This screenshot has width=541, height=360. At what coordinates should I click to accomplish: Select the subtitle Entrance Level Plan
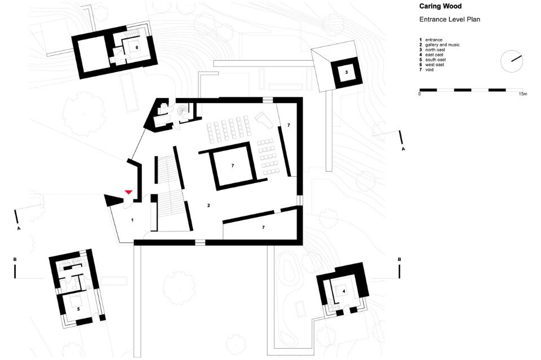point(450,19)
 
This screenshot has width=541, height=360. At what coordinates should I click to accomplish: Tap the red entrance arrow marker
point(128,192)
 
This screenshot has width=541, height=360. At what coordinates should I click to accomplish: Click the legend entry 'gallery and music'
point(442,45)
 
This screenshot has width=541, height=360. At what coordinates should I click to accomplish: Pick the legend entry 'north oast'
point(435,50)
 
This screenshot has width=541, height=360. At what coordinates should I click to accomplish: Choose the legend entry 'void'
point(429,70)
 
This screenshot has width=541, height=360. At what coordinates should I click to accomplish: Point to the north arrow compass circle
point(512,61)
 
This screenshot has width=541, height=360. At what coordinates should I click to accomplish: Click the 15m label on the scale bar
point(523,94)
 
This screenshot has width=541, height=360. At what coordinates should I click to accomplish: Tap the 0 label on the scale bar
point(420,94)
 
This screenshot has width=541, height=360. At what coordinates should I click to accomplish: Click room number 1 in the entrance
point(132,220)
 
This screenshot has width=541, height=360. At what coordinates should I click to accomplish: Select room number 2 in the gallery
point(209,206)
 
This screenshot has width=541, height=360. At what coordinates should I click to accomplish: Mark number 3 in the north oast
point(347,72)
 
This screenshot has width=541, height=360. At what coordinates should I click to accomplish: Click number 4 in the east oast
point(344,291)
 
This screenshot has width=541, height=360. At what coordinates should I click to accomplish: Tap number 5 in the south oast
point(78,309)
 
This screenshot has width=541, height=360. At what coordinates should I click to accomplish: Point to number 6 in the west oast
point(137,47)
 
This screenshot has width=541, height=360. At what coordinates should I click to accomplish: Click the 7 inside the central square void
point(233,166)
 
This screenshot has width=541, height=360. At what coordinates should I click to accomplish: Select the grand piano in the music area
point(265,119)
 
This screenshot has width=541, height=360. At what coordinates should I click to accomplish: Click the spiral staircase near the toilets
point(182,111)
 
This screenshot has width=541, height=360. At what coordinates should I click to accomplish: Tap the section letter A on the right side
point(403,149)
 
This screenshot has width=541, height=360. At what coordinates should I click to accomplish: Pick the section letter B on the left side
point(15,259)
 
